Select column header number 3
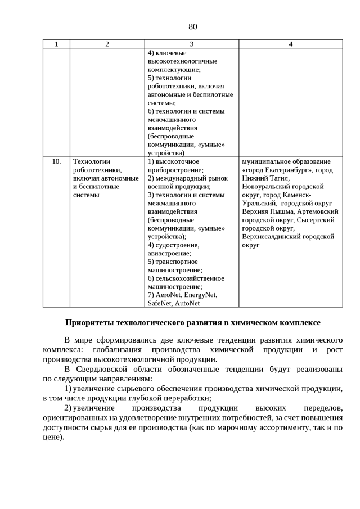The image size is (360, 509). pos(192,44)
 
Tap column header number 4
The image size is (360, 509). pos(290,44)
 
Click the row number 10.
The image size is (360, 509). pos(56,161)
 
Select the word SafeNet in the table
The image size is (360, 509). pos(160,303)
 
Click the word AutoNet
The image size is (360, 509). pos(187,303)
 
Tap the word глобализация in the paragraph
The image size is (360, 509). pos(102,350)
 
